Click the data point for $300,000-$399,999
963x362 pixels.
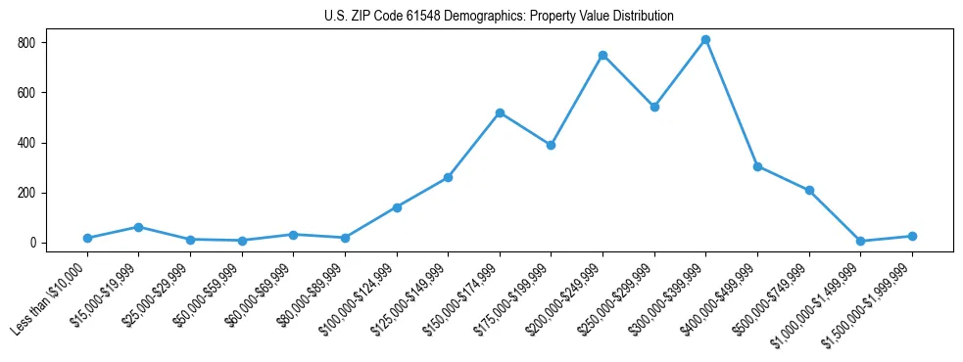[x=705, y=40]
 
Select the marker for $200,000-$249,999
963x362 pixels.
[x=602, y=55]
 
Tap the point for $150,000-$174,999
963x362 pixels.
[x=500, y=113]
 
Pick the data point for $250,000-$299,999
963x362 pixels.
[x=654, y=107]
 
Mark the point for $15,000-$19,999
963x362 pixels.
[x=139, y=227]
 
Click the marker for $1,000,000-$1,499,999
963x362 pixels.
[x=860, y=241]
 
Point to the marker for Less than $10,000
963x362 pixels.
[x=87, y=238]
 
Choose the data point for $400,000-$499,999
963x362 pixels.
[x=757, y=166]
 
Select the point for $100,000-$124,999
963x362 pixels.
[x=397, y=207]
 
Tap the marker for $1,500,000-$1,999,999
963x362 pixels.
[x=912, y=236]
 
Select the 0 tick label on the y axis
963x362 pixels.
[x=32, y=243]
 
